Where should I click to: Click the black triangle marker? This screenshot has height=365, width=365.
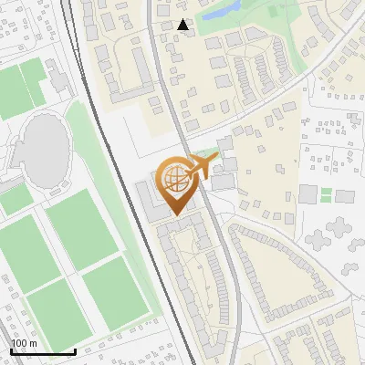(183, 26)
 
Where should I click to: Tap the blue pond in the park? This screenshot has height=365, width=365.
(221, 13)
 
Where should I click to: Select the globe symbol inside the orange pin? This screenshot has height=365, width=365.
(179, 181)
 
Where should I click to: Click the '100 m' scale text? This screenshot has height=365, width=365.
(24, 342)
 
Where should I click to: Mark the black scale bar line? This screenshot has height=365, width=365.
(43, 351)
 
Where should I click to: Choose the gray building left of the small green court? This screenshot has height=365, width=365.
(308, 194)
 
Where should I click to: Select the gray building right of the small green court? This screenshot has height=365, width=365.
(344, 196)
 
